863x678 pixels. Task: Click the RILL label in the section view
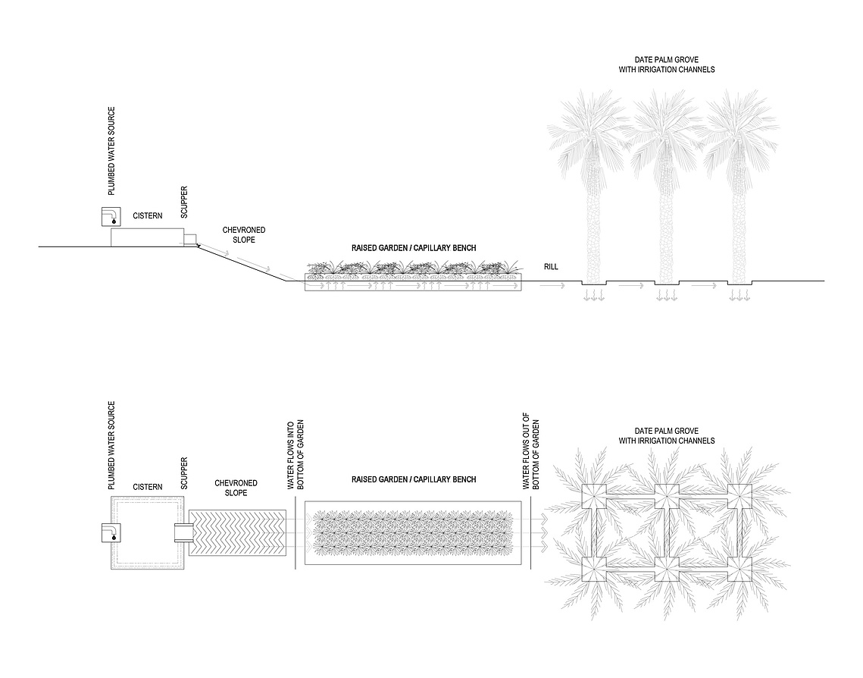551,266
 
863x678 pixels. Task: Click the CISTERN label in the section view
148,216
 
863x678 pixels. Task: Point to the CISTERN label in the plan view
148,487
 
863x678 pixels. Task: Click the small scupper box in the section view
189,240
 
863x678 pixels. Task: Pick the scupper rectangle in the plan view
183,532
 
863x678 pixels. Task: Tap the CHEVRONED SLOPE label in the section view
244,234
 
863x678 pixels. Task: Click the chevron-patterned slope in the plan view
237,532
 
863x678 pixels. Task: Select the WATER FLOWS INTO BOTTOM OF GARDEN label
295,455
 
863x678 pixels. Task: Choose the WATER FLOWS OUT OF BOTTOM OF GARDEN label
531,451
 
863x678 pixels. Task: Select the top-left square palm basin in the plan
594,496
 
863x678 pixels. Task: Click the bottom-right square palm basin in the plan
739,569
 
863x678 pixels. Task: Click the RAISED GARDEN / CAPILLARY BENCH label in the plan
414,480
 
